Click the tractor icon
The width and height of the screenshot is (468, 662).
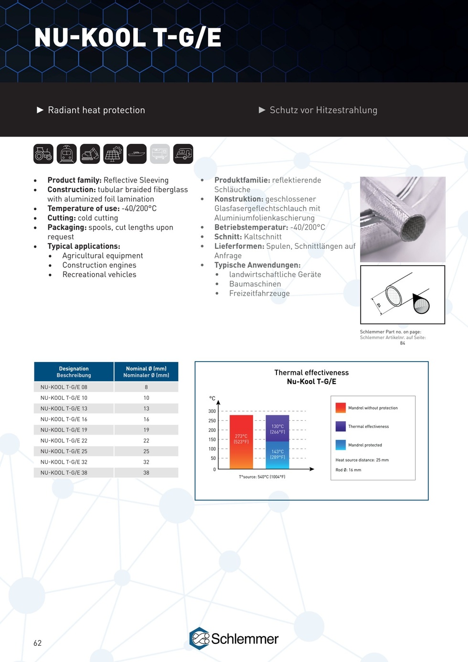[43, 154]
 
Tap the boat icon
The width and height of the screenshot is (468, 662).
[137, 154]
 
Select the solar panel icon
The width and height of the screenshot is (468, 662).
[113, 154]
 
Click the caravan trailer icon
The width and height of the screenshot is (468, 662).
[183, 154]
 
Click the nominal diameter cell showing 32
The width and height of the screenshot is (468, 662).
[146, 462]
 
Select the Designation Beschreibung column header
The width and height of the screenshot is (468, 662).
[74, 372]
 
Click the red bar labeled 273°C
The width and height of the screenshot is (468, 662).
[241, 442]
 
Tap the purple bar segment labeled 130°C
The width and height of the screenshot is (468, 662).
[277, 428]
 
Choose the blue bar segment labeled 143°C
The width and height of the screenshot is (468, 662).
[277, 455]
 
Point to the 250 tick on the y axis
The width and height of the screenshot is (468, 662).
[212, 420]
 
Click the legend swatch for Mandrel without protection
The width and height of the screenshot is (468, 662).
[340, 407]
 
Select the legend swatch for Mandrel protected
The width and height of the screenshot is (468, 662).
[340, 445]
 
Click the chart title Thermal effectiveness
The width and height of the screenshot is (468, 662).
[311, 373]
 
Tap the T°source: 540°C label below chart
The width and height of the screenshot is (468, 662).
[262, 477]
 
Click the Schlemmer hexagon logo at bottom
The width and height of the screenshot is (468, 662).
[200, 639]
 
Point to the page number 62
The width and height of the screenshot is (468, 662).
[38, 643]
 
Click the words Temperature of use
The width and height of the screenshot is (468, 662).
[83, 208]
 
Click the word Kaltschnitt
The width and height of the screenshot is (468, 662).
[263, 237]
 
